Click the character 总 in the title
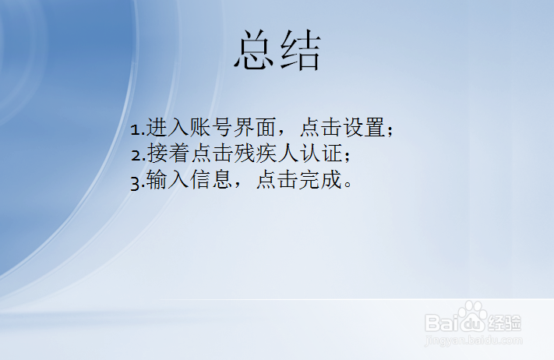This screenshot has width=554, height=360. pos(256,51)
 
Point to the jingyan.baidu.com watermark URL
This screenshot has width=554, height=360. pos(475,340)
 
